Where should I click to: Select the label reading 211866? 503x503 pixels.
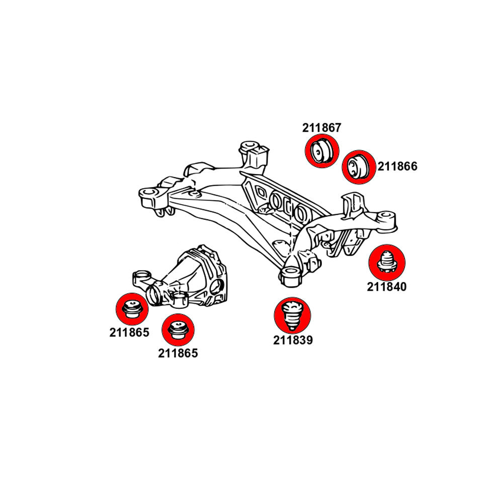pos(397,166)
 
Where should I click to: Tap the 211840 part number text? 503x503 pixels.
pos(386,287)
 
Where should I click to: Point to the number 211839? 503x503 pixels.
pos(293,340)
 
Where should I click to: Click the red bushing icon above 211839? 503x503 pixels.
pos(292,314)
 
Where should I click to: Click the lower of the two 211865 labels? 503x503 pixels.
pos(178,353)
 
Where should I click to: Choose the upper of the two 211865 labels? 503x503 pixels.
pos(129,332)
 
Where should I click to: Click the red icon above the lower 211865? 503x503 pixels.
pos(178,329)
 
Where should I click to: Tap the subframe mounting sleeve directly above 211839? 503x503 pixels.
pos(290,275)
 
